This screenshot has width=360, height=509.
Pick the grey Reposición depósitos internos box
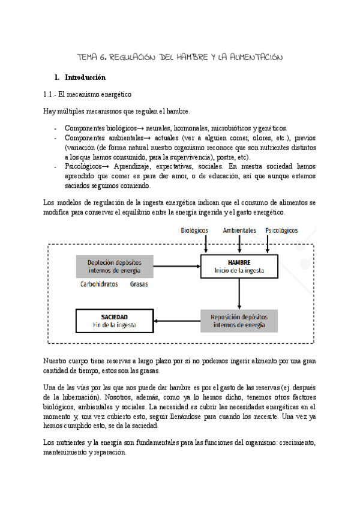[239, 321]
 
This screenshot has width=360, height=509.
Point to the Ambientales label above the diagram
[239, 230]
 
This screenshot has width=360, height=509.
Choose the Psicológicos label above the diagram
[281, 230]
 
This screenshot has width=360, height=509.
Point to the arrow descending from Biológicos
[206, 244]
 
